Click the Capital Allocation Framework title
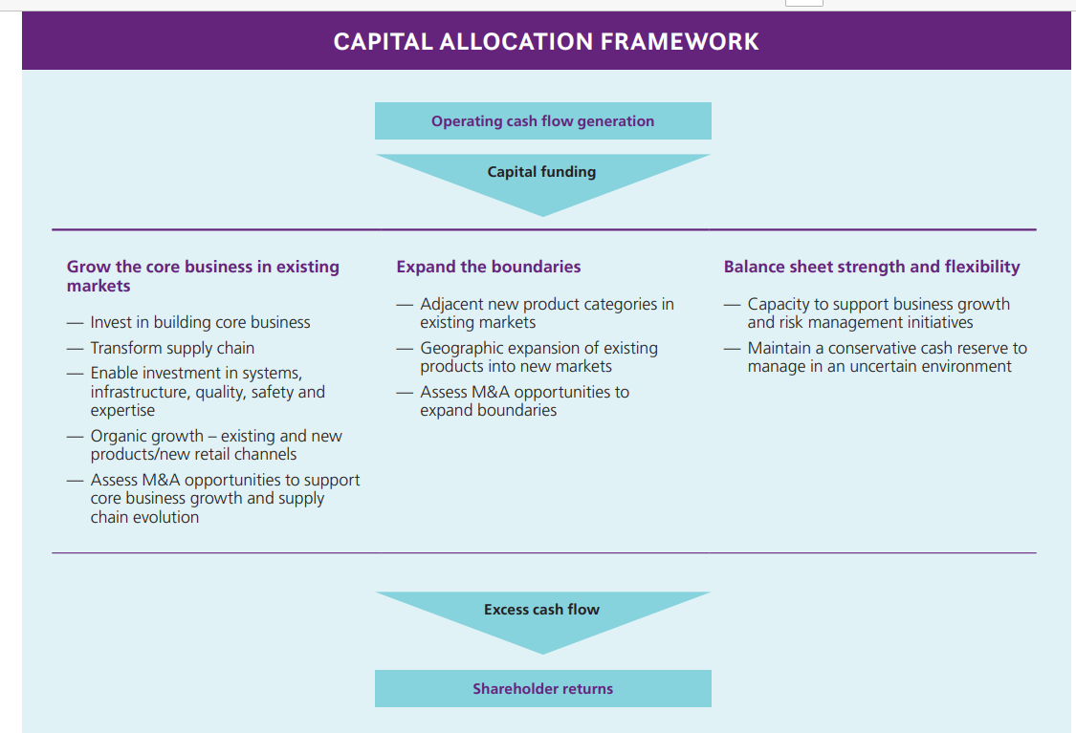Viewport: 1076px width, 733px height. click(546, 42)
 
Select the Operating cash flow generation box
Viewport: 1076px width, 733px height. click(542, 121)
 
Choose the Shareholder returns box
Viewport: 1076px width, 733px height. click(542, 689)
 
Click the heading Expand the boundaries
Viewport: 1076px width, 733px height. click(489, 267)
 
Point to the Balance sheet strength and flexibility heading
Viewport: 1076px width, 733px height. click(871, 267)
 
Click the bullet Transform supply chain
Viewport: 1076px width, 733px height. click(172, 348)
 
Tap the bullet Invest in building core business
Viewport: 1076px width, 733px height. click(200, 323)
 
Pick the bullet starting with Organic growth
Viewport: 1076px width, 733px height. click(215, 445)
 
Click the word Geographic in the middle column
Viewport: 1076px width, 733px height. click(462, 348)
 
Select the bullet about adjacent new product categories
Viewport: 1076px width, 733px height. click(546, 313)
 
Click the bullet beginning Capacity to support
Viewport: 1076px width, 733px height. click(878, 313)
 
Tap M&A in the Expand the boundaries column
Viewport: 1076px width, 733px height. click(496, 392)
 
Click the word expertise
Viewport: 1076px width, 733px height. click(122, 410)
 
